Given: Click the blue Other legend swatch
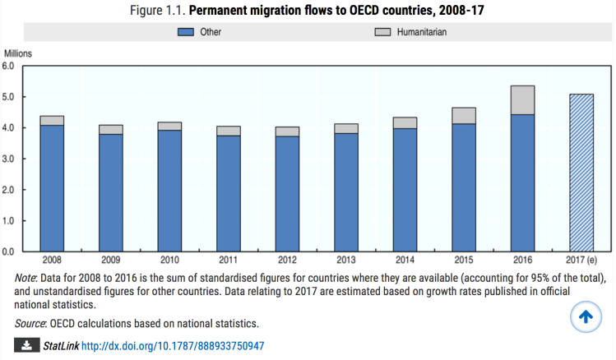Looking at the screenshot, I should pyautogui.click(x=185, y=33).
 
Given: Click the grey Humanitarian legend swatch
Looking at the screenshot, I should pyautogui.click(x=382, y=33).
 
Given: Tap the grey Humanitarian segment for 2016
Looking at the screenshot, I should pyautogui.click(x=522, y=100).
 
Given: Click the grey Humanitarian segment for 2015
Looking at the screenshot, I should pyautogui.click(x=463, y=116).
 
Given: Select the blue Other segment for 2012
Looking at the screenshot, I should pyautogui.click(x=287, y=194).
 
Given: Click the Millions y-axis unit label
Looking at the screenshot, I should pyautogui.click(x=19, y=53).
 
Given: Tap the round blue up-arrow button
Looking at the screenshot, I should pyautogui.click(x=586, y=318).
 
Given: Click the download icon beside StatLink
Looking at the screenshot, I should pyautogui.click(x=27, y=346).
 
